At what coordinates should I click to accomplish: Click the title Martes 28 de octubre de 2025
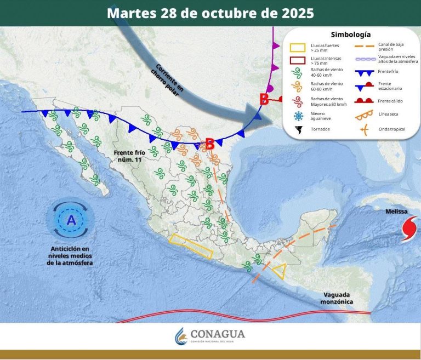[210, 13]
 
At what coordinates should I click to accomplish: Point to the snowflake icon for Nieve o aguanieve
[299, 116]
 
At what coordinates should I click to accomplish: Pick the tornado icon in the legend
[299, 130]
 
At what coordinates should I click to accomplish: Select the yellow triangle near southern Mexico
[280, 271]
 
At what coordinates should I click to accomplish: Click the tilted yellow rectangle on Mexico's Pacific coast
[191, 246]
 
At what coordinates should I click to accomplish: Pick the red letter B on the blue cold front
[209, 144]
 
